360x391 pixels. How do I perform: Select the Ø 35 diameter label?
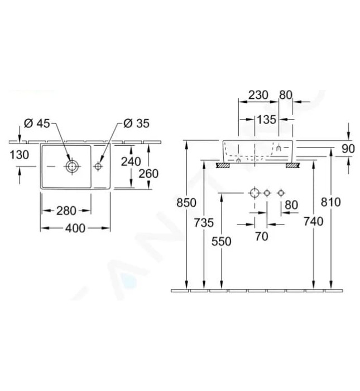click(136, 123)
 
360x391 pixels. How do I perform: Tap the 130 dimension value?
click(19, 155)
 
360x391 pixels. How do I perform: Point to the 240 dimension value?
click(131, 161)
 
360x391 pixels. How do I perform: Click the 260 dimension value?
click(148, 174)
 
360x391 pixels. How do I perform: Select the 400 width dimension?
click(75, 228)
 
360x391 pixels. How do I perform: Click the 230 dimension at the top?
click(258, 95)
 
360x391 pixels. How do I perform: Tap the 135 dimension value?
click(267, 119)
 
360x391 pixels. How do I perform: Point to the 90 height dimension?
click(348, 149)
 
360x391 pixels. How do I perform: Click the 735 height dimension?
click(204, 222)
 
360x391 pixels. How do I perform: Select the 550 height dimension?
click(222, 241)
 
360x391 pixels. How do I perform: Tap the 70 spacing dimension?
click(261, 237)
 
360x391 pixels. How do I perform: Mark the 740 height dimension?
click(314, 222)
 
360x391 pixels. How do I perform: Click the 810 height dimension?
click(331, 202)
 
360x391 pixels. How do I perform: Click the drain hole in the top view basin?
click(71, 166)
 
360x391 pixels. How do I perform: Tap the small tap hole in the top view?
click(99, 166)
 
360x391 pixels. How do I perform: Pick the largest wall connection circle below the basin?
click(254, 193)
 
